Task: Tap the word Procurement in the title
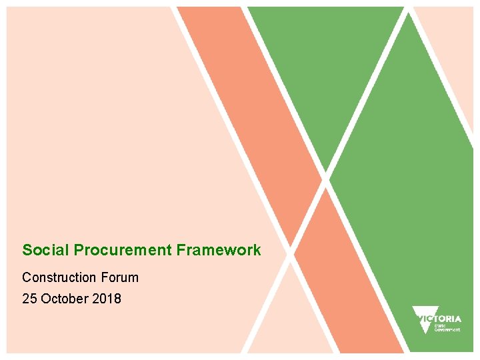point(123,251)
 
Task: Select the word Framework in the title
point(219,251)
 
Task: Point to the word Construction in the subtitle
point(60,277)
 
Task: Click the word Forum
point(120,277)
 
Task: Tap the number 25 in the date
point(29,299)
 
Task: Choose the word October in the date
point(64,299)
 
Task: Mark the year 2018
point(107,299)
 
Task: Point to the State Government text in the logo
point(447,327)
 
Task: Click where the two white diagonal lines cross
point(326,178)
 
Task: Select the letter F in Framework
point(181,251)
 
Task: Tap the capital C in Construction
point(27,277)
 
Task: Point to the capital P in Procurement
point(78,251)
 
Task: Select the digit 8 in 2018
point(118,299)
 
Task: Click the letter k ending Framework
point(257,251)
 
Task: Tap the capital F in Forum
point(105,277)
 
